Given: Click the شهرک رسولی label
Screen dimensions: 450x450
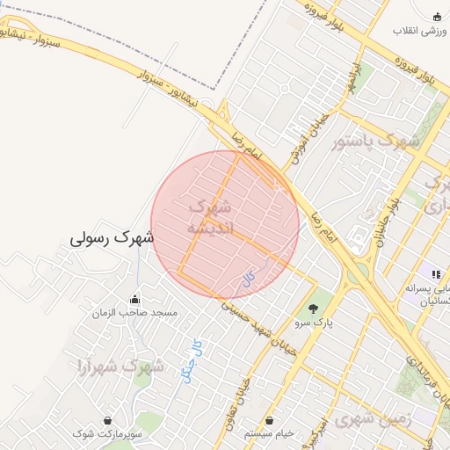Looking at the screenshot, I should [x=112, y=237].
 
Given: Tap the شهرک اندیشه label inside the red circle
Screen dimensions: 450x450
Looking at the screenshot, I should [x=211, y=218].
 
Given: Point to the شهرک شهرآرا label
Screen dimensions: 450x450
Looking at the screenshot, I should [x=120, y=366].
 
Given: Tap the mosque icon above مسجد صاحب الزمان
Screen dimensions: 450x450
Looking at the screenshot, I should [x=134, y=299].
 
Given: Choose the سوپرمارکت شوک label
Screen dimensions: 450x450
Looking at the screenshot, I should [x=107, y=434].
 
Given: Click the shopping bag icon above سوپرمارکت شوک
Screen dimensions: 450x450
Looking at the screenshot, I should [x=107, y=421].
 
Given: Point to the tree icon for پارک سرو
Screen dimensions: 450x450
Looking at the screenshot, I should [x=313, y=308].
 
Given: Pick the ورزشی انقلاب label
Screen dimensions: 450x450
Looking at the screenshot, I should [x=420, y=32].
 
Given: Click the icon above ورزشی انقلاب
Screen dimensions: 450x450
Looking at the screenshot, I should [x=438, y=18].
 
